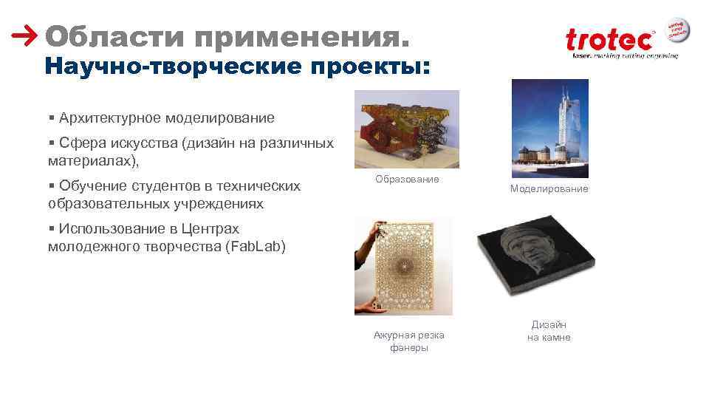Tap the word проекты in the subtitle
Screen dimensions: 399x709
pos(369,66)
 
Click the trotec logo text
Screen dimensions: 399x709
pos(609,40)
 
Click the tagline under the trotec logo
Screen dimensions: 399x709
pos(620,55)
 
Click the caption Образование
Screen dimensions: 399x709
pos(407,179)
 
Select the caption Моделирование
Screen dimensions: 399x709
pos(549,189)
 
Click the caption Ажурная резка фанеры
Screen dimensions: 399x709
pos(408,341)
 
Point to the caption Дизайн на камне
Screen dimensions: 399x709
pos(549,331)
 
